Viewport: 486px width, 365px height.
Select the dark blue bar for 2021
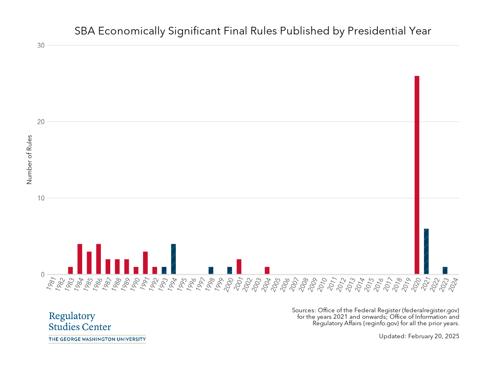click(x=426, y=251)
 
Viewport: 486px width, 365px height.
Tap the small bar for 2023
click(x=445, y=271)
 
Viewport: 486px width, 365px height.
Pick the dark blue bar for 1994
click(x=173, y=259)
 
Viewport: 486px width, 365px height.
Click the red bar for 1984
click(x=80, y=259)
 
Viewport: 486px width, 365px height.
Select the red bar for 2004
click(x=267, y=271)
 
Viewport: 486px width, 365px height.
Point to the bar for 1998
click(x=211, y=271)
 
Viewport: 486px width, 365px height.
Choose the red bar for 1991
click(x=145, y=263)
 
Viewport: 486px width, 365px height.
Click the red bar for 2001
click(x=239, y=267)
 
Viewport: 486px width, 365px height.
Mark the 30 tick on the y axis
click(x=40, y=45)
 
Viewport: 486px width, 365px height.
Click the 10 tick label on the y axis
click(x=40, y=198)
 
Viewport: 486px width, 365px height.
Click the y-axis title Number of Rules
click(x=29, y=160)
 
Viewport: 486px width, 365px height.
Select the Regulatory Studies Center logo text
click(x=79, y=322)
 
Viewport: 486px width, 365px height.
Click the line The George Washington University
click(x=97, y=339)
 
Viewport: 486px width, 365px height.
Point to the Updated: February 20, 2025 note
click(x=419, y=336)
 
